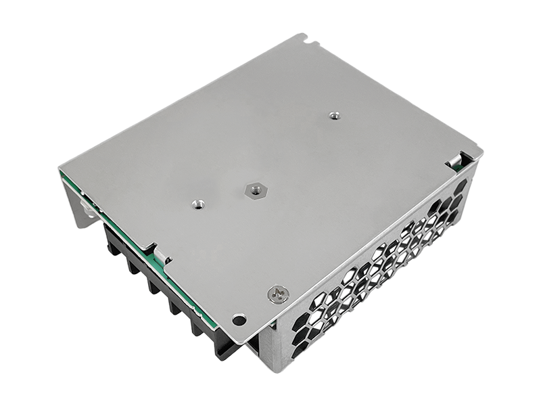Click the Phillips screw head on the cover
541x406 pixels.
[x=279, y=293]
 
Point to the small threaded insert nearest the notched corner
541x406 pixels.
[x=333, y=116]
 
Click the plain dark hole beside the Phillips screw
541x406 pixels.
[x=239, y=318]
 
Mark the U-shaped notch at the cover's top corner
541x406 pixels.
[x=311, y=42]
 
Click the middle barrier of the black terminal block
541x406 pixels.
[x=157, y=284]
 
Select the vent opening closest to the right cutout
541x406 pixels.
[x=460, y=186]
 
